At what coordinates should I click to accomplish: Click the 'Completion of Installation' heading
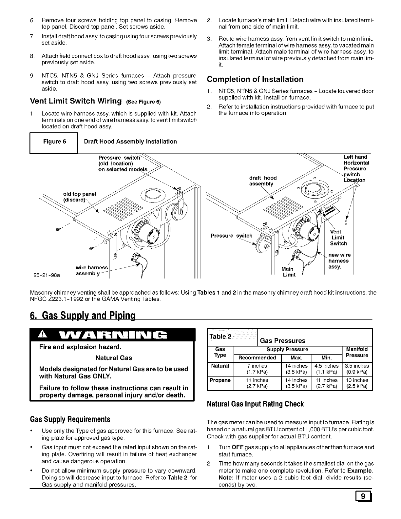[x=255, y=79]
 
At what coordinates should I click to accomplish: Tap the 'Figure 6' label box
[x=54, y=142]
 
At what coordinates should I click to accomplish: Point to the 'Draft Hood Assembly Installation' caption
[x=130, y=142]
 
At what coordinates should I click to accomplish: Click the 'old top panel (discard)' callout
[x=80, y=197]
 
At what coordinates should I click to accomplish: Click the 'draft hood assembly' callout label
[x=263, y=181]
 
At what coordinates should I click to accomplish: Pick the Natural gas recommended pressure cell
[x=257, y=369]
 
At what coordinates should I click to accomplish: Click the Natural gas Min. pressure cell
[x=326, y=369]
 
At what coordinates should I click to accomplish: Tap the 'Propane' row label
[x=220, y=380]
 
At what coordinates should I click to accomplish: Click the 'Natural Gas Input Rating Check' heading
[x=255, y=404]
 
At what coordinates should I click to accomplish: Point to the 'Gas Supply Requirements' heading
[x=70, y=419]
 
